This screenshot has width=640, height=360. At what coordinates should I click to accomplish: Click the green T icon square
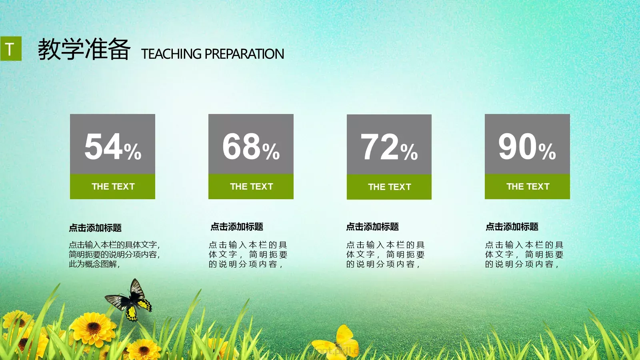tap(11, 49)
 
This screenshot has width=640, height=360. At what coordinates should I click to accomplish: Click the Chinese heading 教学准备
tap(84, 49)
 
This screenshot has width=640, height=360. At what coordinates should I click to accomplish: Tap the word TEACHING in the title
tap(171, 54)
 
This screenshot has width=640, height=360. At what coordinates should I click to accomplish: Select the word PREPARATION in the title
tap(244, 54)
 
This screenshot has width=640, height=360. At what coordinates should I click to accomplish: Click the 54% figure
tap(113, 147)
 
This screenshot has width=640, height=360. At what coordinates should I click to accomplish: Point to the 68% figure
tap(251, 147)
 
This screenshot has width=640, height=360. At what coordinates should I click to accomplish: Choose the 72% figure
tap(389, 147)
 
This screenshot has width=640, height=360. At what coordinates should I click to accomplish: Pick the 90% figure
tap(527, 147)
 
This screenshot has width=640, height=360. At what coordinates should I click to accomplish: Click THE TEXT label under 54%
tap(113, 187)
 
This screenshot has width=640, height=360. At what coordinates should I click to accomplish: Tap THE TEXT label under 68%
tap(251, 187)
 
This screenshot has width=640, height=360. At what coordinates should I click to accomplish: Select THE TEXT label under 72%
tap(389, 187)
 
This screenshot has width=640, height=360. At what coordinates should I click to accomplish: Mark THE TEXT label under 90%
tap(528, 187)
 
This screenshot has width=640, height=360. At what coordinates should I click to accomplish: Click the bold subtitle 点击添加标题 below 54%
tap(95, 228)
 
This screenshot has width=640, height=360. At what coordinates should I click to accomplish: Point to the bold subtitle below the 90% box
tap(512, 227)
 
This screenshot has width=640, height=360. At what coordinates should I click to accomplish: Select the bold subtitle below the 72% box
tap(372, 227)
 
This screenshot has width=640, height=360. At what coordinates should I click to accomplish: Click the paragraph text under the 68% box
tap(248, 254)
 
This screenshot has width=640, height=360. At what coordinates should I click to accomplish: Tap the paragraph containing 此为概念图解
tap(114, 254)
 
